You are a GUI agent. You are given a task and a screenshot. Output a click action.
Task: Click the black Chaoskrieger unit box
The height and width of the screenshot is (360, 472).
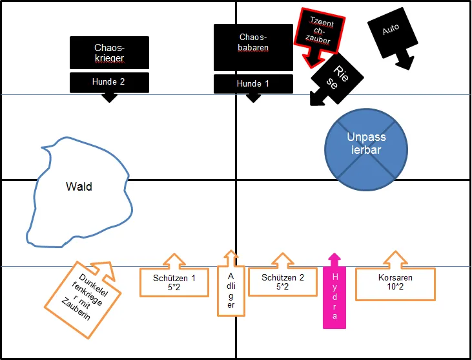(109, 52)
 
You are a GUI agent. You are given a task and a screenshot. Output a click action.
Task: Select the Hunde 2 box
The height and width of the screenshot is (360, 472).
(109, 82)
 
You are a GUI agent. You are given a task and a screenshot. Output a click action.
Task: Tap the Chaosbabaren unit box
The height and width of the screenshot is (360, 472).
(253, 47)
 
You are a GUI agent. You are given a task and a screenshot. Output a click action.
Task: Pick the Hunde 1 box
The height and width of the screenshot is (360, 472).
(253, 83)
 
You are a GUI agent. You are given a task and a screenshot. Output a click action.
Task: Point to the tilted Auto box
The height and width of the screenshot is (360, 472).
(390, 30)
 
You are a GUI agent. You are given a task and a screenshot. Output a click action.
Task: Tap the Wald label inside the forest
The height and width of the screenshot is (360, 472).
(79, 187)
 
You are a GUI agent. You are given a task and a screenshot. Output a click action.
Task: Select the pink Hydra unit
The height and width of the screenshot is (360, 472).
(334, 297)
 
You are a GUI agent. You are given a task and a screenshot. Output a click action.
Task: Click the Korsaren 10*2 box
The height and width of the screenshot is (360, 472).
(395, 282)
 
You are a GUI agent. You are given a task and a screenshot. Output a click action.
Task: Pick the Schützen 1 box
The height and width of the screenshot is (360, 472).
(174, 282)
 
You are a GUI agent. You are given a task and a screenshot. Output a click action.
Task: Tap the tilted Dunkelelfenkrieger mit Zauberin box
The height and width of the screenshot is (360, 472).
(79, 300)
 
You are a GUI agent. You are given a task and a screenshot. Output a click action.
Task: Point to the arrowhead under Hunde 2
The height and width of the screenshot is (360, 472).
(109, 98)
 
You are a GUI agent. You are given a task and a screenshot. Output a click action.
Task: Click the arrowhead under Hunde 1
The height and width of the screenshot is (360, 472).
(253, 98)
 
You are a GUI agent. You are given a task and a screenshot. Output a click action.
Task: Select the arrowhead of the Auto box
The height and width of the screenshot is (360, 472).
(405, 63)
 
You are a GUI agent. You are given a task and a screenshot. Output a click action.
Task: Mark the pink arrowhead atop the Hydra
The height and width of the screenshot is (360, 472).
(334, 259)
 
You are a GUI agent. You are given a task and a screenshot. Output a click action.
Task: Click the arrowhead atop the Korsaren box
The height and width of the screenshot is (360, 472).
(395, 259)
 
